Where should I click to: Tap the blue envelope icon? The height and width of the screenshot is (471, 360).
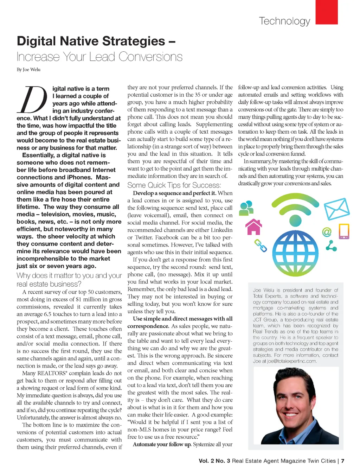click(x=336, y=209)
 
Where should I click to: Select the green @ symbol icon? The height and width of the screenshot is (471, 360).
click(x=327, y=232)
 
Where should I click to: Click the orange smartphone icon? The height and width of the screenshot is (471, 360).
click(x=343, y=231)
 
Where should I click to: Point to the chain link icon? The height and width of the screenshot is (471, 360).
click(x=261, y=246)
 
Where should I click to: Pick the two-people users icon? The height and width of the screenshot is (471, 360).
click(x=246, y=208)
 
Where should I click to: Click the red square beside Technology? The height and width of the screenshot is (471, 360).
click(x=327, y=12)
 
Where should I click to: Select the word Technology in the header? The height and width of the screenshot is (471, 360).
click(x=284, y=21)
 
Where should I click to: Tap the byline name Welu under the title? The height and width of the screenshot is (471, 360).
click(x=35, y=70)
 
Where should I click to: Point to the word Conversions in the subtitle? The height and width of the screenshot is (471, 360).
click(x=150, y=57)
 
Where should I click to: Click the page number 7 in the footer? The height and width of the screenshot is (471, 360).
click(x=342, y=461)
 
